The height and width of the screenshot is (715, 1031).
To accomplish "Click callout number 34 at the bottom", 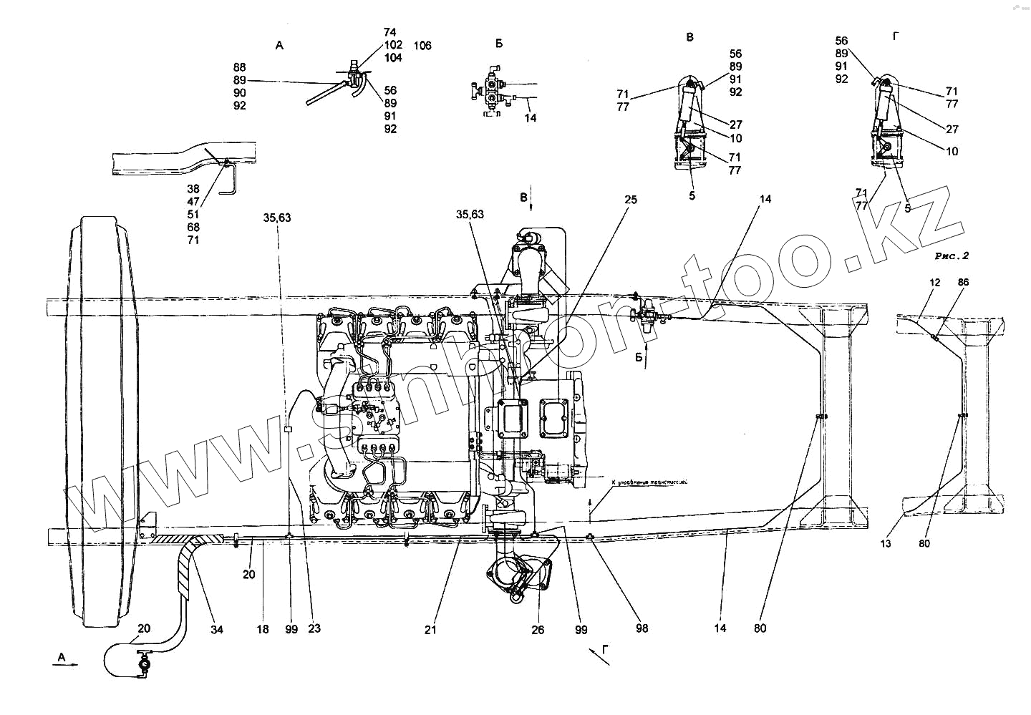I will click(217, 629).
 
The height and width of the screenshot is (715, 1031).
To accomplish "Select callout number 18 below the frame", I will click(263, 629).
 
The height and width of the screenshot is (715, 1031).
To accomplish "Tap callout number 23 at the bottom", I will click(314, 629).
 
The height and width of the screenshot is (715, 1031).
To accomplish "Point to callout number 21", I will click(430, 629).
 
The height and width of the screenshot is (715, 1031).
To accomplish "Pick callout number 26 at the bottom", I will click(538, 629).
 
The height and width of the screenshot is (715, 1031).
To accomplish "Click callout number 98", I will click(642, 628).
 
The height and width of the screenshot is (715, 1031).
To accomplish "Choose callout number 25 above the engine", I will click(630, 200).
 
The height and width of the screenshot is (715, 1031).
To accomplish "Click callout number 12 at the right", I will click(934, 283).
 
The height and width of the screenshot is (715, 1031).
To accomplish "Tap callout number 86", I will click(963, 283).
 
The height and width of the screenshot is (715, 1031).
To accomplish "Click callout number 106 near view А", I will click(422, 46).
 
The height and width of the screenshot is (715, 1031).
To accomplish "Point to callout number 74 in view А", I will click(389, 32).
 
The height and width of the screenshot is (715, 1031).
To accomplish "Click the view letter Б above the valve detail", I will click(498, 44).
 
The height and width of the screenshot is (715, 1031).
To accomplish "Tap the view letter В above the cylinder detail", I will click(689, 37).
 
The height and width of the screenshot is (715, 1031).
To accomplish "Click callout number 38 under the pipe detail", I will click(193, 189).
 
